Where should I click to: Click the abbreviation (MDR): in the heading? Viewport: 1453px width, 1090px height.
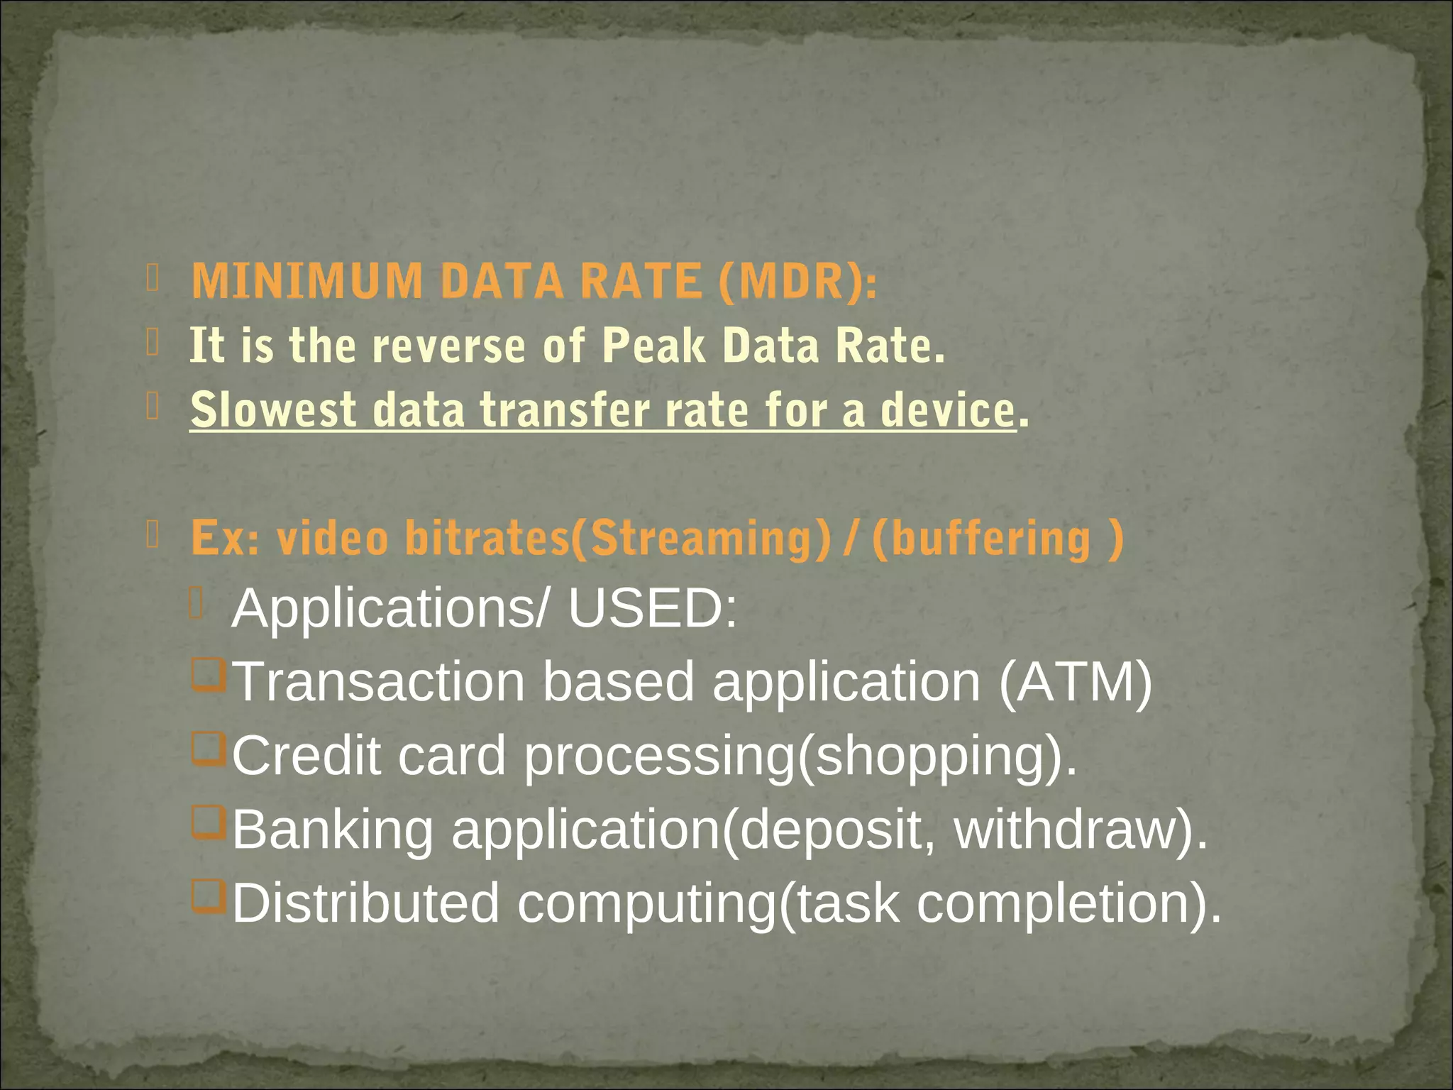(797, 281)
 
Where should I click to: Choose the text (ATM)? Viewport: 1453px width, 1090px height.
(1075, 681)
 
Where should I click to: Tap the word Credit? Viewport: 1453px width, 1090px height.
(306, 755)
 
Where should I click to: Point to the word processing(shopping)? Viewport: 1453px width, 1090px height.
(800, 756)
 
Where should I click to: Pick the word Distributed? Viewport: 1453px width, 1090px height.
(366, 903)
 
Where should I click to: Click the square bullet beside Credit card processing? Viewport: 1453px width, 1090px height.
(208, 750)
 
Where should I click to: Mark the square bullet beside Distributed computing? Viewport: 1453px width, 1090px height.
(208, 898)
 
